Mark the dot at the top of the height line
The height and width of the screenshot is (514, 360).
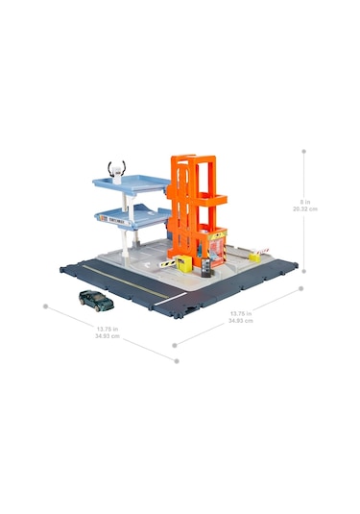point(304,150)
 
